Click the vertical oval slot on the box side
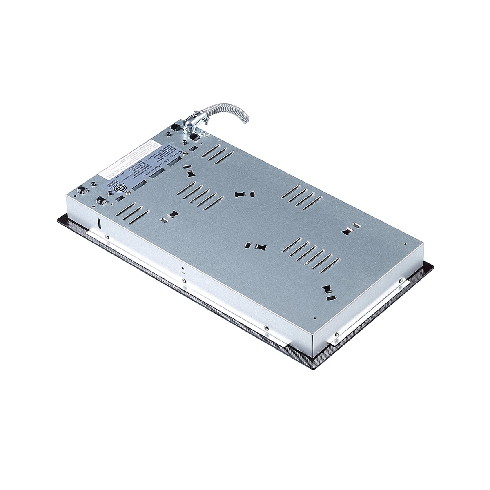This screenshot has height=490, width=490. point(99,223)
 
